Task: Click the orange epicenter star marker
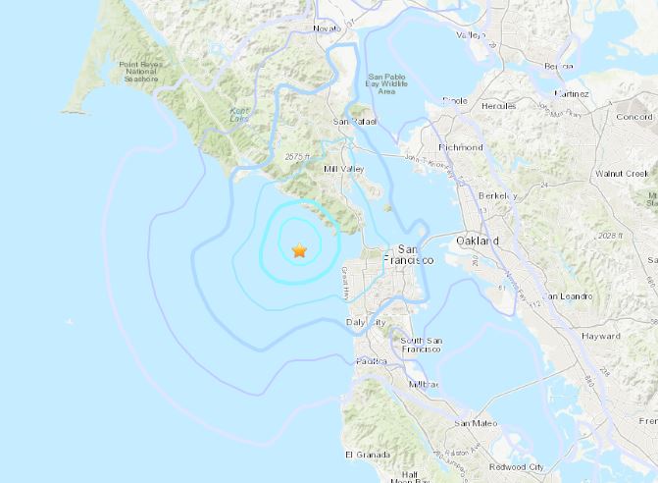299,251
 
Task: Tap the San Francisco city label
415,255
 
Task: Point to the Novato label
328,27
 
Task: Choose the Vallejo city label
470,34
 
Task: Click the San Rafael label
354,122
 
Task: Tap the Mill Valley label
343,170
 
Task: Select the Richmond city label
461,147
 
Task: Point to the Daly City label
366,322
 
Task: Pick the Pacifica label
370,361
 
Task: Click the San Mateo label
475,423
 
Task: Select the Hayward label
600,336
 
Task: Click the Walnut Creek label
622,173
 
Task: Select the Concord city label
633,116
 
